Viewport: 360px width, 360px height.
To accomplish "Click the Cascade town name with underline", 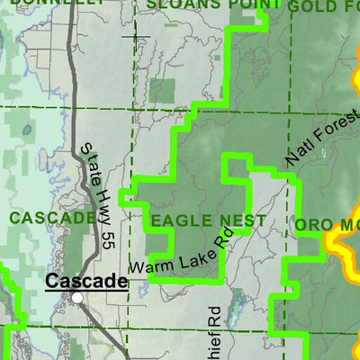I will (x=85, y=282).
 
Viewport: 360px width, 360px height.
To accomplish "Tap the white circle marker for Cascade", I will (x=78, y=297).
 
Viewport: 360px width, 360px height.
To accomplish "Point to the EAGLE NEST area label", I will (x=208, y=220).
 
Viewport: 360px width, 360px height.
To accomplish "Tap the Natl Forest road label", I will (x=321, y=132).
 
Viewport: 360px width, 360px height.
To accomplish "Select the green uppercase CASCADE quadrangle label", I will (x=53, y=217).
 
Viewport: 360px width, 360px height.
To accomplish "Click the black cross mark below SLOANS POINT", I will (x=139, y=37).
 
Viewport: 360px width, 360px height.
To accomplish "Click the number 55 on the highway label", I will (x=108, y=236).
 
